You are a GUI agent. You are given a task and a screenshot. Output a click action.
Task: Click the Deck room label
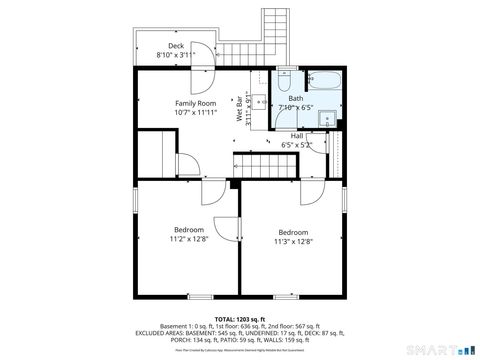point(176,46)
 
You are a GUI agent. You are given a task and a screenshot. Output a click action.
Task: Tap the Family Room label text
point(196,104)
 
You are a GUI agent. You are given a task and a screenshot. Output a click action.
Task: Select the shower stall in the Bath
point(326,118)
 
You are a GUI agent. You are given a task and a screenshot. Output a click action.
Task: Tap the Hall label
point(297,136)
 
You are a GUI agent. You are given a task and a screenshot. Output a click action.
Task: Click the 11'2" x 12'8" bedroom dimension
point(188,239)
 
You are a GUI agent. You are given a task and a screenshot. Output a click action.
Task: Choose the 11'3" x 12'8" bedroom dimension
point(293,241)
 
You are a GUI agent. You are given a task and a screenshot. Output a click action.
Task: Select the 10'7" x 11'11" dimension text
point(196,113)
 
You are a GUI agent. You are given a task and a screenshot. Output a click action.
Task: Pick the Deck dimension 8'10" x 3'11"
point(176,55)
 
